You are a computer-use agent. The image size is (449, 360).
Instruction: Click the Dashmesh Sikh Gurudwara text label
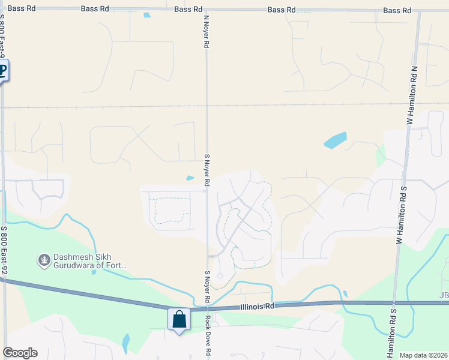tap(90, 261)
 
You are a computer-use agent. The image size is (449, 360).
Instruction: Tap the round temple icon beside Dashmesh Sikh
tap(43, 260)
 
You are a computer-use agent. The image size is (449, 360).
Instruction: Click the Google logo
tap(20, 353)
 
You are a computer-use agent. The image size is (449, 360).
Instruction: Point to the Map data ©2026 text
tap(423, 355)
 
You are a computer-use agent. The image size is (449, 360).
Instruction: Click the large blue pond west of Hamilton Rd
tap(336, 140)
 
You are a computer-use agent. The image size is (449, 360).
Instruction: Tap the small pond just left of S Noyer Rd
tap(190, 178)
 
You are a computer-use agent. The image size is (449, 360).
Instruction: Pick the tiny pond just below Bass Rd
tap(147, 16)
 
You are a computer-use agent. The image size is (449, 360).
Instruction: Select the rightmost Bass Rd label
tap(397, 11)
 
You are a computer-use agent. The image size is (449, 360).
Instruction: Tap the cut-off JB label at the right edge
tap(444, 295)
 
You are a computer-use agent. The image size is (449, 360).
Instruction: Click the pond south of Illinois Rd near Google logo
tap(125, 344)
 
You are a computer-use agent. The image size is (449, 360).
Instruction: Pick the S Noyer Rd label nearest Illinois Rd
tap(206, 287)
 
